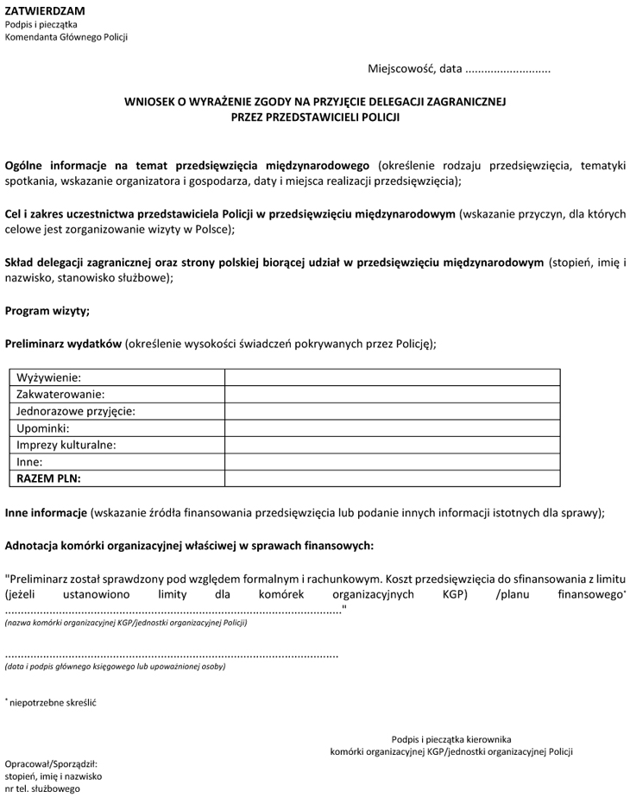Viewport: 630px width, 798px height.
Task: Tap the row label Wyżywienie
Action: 48,377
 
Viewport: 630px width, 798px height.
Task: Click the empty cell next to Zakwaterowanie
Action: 392,394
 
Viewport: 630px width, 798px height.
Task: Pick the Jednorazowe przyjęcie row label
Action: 76,411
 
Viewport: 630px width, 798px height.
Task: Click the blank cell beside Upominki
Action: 392,427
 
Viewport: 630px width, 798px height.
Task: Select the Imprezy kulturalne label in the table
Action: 66,445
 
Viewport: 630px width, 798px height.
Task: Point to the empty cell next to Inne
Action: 392,461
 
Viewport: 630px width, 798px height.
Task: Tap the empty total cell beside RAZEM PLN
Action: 392,478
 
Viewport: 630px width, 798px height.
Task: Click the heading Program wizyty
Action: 47,310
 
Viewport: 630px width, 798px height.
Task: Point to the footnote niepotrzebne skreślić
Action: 53,702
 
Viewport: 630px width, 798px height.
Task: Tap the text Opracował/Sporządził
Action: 51,763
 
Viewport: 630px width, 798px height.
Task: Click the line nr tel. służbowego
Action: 42,788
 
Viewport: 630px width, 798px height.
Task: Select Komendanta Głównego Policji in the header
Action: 66,37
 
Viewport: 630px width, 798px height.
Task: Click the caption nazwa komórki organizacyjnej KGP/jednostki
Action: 126,623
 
